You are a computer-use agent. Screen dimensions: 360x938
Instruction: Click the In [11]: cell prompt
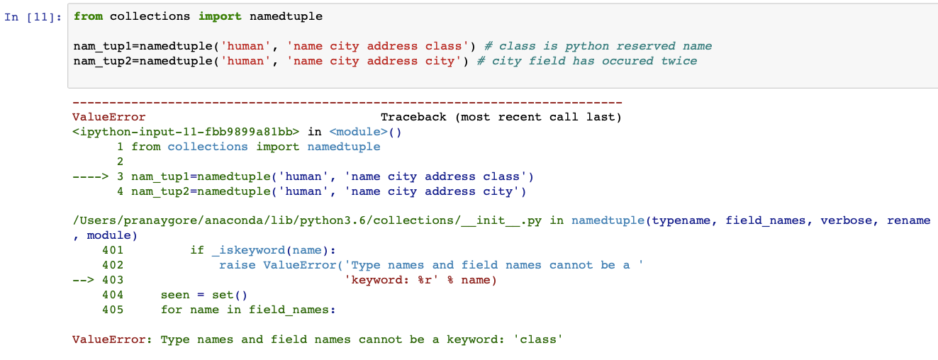(33, 16)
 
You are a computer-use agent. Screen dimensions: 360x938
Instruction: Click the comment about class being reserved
(598, 46)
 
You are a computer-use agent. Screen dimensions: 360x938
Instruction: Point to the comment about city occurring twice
(587, 61)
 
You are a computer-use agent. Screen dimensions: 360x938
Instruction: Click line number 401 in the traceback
(113, 250)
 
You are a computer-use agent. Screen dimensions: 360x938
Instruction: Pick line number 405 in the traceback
(113, 310)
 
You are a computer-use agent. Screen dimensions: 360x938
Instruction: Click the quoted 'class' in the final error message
(540, 339)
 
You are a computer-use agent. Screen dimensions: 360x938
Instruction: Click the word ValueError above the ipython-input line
(109, 117)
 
